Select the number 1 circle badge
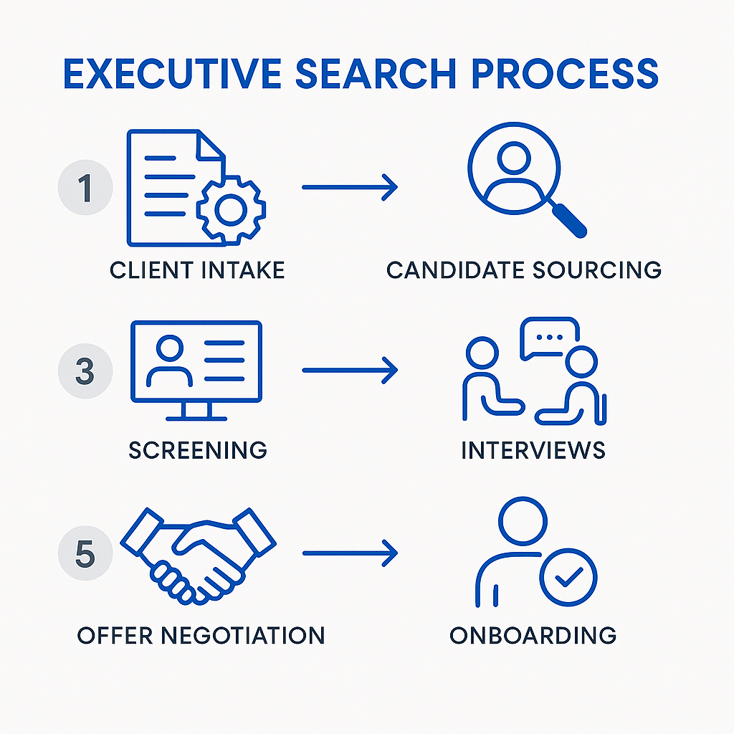point(85,188)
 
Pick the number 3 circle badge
point(85,371)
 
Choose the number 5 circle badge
point(85,554)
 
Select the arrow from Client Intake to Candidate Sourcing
point(349,188)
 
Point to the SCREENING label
point(198,450)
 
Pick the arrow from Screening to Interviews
point(349,371)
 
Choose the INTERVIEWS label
point(533,450)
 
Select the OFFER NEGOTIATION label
point(201,634)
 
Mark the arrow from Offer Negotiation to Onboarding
point(349,554)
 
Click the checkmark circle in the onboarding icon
point(568,578)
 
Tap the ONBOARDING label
point(533,634)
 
